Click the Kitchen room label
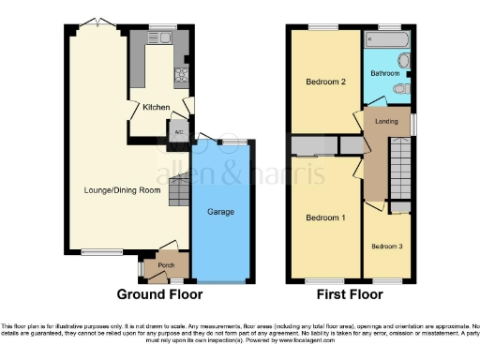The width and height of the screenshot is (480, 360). [156, 107]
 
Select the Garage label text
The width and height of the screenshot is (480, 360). [221, 212]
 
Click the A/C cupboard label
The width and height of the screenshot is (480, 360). [178, 132]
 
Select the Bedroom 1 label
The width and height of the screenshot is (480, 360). [325, 217]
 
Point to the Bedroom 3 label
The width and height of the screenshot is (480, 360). [386, 247]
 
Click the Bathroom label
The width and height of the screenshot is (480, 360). [384, 73]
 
